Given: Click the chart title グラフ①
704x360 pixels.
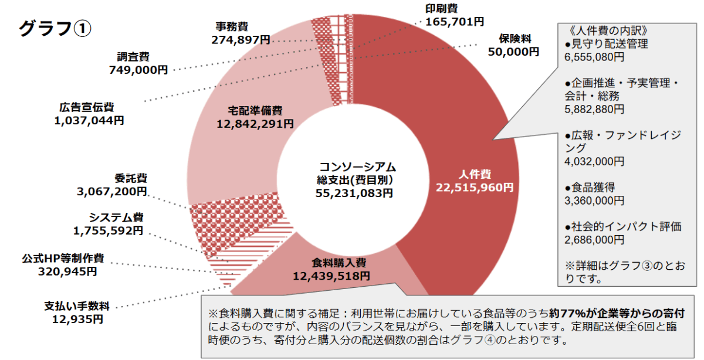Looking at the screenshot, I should (x=55, y=28).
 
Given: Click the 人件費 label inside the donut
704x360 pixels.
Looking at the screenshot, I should (x=475, y=174).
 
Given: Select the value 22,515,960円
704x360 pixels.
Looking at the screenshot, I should (x=475, y=187).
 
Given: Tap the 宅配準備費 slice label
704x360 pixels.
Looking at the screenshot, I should (x=255, y=110).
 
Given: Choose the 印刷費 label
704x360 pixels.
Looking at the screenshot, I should (x=441, y=9).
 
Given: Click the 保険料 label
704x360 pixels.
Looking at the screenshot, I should (x=515, y=39).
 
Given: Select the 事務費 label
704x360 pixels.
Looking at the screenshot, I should (x=231, y=26).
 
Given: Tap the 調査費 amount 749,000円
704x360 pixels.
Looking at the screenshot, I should (x=138, y=70).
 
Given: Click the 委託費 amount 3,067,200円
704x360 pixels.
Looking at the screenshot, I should (x=111, y=191).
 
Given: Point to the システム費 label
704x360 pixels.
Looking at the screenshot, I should (x=116, y=218).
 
